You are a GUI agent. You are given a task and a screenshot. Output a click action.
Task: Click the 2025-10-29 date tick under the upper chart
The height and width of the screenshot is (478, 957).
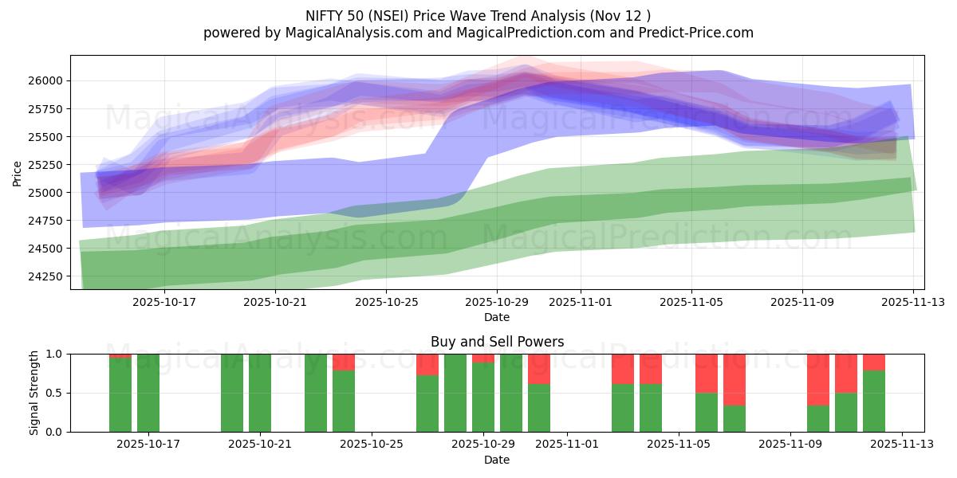click(497, 303)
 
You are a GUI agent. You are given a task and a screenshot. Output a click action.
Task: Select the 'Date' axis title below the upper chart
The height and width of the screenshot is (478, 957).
click(497, 317)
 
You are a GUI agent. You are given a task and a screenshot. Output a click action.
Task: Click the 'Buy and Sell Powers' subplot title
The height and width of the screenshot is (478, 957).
click(497, 342)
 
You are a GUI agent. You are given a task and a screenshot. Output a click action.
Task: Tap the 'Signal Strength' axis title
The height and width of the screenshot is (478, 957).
click(33, 393)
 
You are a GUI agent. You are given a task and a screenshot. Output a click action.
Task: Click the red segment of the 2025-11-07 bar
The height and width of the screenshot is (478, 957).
click(734, 379)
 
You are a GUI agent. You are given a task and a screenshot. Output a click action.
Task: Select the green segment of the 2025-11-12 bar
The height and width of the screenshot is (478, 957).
click(874, 401)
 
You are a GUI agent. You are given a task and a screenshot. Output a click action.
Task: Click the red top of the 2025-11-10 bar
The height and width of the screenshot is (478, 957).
click(818, 379)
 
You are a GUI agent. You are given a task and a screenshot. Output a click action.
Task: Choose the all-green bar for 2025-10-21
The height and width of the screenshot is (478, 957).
click(260, 393)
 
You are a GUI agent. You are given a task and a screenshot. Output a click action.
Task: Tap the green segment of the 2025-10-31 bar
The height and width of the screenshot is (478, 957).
click(539, 408)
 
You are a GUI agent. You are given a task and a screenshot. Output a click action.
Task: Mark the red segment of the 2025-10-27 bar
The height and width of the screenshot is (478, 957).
click(427, 364)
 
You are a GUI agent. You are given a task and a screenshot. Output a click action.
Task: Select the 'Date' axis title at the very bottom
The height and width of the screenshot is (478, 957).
click(497, 460)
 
